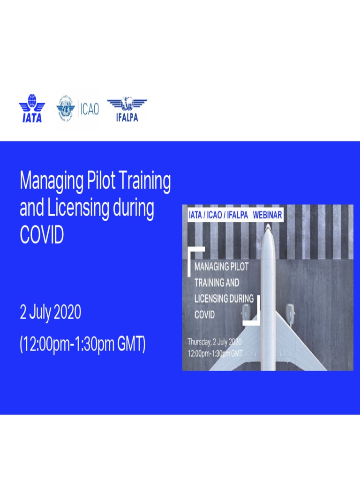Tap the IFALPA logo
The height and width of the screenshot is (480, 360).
[x=127, y=109]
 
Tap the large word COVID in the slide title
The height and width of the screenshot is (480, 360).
[x=41, y=235]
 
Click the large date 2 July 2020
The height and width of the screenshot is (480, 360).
[x=50, y=312]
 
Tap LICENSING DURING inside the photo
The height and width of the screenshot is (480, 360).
[x=224, y=299]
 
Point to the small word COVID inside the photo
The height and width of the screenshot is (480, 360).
[x=204, y=315]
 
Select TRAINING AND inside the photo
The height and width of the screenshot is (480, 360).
[x=217, y=283]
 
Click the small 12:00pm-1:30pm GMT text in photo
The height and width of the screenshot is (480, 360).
[x=215, y=353]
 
